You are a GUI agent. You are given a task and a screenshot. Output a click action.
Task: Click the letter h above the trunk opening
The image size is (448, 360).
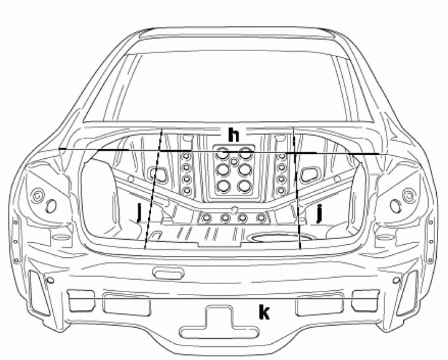click(x=233, y=135)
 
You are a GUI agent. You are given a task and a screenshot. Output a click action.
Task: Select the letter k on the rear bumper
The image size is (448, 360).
click(x=264, y=312)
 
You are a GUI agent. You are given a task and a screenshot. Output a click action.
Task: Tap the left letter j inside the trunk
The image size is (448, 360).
click(x=139, y=212)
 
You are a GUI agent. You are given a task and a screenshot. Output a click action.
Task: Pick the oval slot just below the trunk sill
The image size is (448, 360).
click(x=168, y=273)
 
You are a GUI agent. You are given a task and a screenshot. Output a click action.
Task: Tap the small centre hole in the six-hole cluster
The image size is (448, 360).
click(x=234, y=162)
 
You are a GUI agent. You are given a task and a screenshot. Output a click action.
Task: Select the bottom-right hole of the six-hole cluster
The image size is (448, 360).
click(x=245, y=186)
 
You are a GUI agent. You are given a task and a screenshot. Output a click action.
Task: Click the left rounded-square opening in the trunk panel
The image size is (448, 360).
click(x=157, y=174)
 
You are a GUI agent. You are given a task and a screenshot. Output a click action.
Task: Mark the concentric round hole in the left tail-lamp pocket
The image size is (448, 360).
click(x=37, y=196)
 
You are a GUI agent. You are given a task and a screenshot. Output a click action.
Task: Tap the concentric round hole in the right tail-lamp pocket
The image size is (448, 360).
click(x=409, y=196)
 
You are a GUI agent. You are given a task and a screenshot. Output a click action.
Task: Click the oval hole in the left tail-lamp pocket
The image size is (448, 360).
click(x=51, y=206)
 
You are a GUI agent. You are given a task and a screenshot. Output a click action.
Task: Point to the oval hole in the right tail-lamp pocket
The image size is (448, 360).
click(x=396, y=206)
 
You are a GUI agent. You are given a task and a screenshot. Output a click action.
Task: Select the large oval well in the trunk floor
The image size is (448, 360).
click(x=279, y=237)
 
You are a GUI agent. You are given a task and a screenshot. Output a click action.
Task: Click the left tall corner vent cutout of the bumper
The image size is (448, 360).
click(x=39, y=293)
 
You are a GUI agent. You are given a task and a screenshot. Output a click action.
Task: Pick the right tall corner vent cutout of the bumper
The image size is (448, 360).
click(x=408, y=293)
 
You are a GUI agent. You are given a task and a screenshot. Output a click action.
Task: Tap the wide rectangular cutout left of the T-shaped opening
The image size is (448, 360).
click(x=126, y=304)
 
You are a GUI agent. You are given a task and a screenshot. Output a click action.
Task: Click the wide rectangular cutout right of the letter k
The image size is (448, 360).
click(x=320, y=304)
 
